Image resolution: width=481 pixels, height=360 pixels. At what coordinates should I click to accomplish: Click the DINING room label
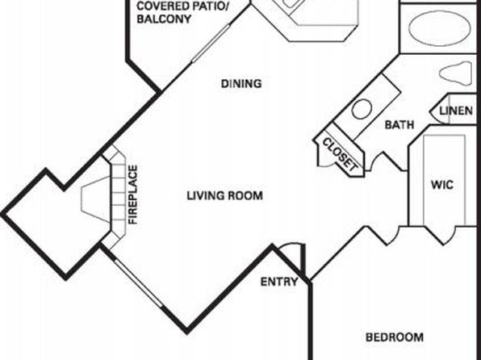(241, 83)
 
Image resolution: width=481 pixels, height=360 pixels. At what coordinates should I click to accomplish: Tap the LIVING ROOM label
(225, 195)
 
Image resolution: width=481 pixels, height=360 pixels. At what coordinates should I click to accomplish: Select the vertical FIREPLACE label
(133, 195)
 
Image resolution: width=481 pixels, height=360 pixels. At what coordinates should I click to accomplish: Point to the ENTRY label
(279, 282)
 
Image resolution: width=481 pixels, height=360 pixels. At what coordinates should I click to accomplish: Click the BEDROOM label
(395, 337)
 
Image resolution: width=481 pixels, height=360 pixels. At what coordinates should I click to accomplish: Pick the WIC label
(442, 185)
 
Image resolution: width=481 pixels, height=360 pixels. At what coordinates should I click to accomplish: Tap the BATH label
(399, 124)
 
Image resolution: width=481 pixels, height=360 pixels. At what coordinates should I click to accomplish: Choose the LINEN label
(456, 111)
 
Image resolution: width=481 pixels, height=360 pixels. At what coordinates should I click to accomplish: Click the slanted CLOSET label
(341, 154)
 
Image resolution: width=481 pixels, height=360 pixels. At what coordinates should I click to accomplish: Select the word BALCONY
(164, 19)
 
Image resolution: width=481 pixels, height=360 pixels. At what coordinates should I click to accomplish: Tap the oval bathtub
(439, 28)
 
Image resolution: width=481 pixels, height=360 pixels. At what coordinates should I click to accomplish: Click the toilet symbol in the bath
(455, 73)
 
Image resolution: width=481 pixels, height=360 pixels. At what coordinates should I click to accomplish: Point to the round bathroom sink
(362, 109)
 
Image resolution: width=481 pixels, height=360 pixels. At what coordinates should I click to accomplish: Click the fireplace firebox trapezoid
(95, 199)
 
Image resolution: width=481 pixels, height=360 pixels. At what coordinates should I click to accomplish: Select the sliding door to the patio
(211, 44)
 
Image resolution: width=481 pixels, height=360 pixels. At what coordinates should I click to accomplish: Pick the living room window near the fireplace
(138, 283)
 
